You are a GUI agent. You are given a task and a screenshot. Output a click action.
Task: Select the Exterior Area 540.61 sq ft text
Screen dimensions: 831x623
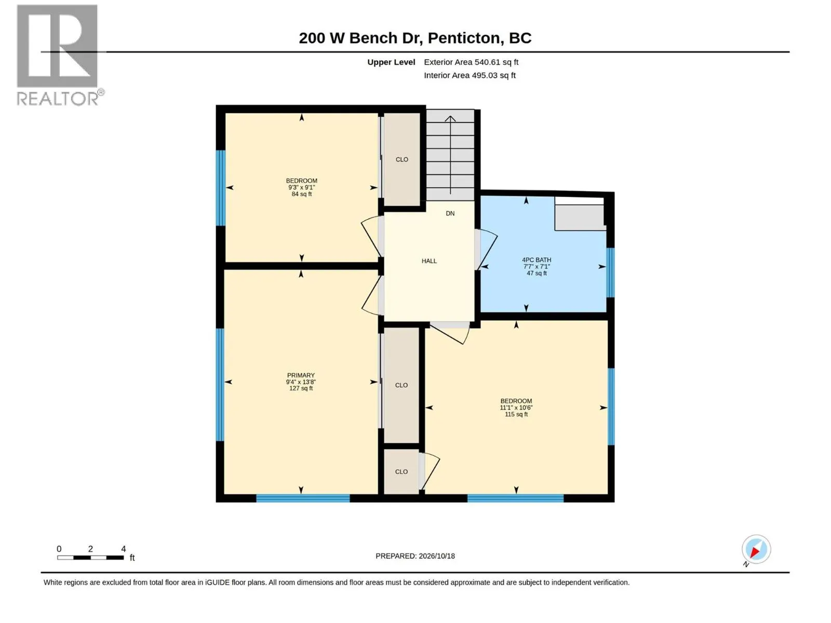(x=471, y=62)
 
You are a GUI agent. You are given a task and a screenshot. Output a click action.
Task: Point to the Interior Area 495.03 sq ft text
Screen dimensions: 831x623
(x=470, y=75)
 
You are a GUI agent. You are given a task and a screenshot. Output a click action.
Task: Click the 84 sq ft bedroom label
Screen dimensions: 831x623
(x=301, y=187)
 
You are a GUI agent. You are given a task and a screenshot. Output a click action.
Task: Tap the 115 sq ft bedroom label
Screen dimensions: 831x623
(x=516, y=408)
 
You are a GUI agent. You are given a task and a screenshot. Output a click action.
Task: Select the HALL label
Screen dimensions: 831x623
(x=429, y=261)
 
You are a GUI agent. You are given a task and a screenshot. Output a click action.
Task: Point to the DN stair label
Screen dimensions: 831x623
(x=450, y=213)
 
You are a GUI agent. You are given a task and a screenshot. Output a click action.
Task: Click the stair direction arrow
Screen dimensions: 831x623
(x=450, y=155)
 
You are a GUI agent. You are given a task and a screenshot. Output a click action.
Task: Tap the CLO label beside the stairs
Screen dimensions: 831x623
(x=401, y=159)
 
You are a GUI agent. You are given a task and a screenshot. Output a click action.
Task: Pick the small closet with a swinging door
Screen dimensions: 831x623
(x=401, y=472)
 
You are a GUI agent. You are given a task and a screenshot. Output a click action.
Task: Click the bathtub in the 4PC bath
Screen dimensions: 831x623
(x=580, y=214)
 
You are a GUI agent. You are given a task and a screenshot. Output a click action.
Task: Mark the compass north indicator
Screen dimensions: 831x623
(x=755, y=550)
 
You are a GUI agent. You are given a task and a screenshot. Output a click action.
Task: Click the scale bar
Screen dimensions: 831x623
(x=90, y=558)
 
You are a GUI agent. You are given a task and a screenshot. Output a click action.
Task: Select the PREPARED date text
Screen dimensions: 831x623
(x=415, y=556)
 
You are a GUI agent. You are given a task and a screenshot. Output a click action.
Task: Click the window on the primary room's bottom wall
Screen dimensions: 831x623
(x=303, y=498)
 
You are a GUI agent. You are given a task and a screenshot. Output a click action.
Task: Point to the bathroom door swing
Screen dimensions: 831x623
(x=488, y=250)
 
